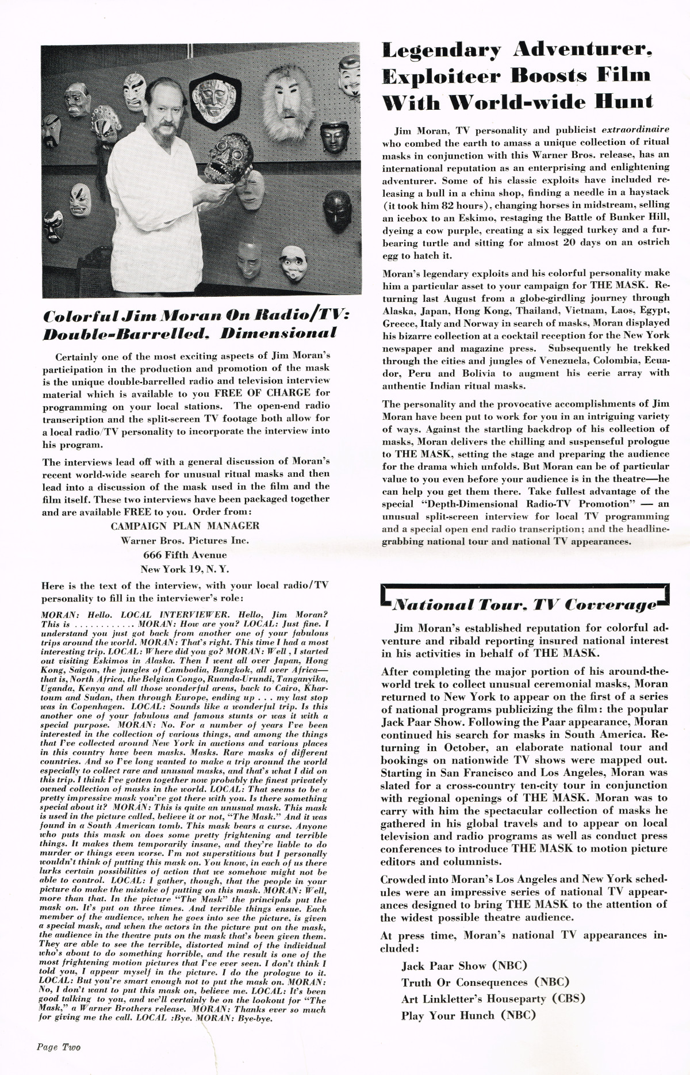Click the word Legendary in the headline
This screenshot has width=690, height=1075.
442,51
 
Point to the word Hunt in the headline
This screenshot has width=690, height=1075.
624,102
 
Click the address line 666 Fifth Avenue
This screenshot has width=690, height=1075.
185,555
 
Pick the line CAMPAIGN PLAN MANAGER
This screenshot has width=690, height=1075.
185,526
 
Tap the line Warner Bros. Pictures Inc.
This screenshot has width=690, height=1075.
185,540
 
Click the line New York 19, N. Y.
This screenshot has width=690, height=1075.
185,569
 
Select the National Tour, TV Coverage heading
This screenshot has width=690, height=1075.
524,605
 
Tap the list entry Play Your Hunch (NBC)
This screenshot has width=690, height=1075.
469,1016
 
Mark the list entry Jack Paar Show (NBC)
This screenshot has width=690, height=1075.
464,966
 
